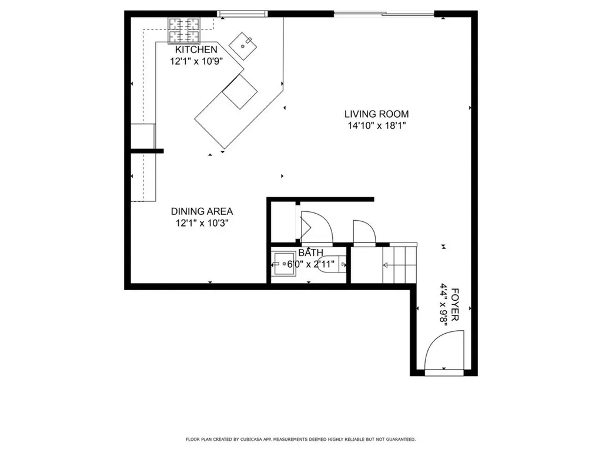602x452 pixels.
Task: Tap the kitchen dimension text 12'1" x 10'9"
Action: coord(196,61)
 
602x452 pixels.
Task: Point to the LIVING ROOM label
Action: coord(376,114)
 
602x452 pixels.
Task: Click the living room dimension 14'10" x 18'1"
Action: coord(376,125)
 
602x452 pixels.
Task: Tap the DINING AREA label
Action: coord(202,211)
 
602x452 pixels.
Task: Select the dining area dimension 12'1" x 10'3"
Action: coord(202,222)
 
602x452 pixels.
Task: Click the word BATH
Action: coord(310,253)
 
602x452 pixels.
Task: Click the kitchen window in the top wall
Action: coord(243,13)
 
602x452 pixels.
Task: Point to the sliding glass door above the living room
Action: coord(384,13)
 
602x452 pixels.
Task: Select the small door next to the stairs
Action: coord(363,231)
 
